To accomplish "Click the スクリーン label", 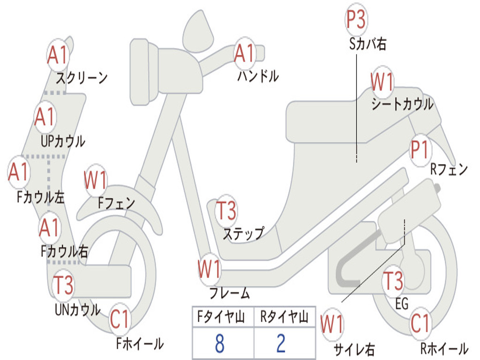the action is coord(82,77).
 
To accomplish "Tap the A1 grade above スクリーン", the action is coord(58,55).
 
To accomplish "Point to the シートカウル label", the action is coord(402,105).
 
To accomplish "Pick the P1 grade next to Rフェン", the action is coord(420,150).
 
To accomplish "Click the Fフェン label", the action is coord(116,203).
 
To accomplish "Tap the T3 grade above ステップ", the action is coord(226,210).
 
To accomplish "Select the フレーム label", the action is coord(230,293).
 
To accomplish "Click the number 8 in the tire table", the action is coord(219,344).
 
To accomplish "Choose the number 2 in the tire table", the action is coord(281,344).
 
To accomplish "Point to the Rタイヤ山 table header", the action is coord(284,318).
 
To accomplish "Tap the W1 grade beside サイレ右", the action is coord(332,324).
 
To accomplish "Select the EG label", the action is coord(402,304).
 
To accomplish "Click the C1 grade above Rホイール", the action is coord(420,322).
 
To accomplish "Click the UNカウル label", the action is coord(77,310).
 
